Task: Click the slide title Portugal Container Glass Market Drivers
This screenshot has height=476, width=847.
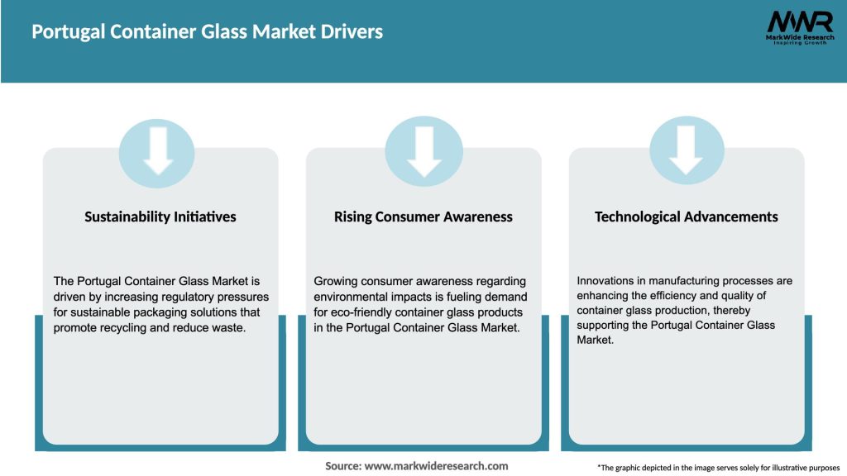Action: coord(207,32)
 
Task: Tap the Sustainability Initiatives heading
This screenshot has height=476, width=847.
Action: coord(160,217)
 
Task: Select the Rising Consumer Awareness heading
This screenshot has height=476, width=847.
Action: coord(423,217)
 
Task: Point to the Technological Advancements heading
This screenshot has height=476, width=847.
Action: coord(687,217)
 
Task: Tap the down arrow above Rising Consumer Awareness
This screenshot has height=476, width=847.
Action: coord(423,150)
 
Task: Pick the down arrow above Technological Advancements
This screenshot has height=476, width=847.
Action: coord(687,150)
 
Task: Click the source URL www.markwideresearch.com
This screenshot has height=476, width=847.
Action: coord(436,466)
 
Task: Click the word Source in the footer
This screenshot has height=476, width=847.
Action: coord(342,466)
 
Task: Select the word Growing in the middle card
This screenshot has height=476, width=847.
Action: coord(337,282)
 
